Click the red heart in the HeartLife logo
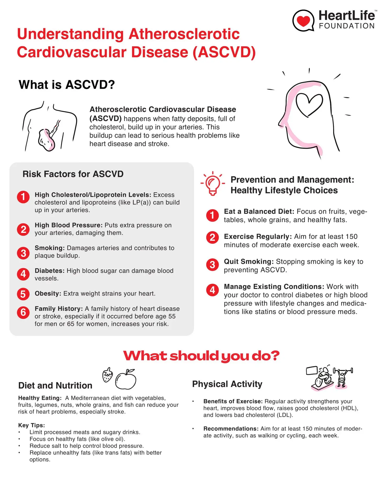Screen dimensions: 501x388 point(303,21)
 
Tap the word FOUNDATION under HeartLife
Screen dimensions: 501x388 point(347,26)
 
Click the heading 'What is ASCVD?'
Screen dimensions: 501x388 point(67,85)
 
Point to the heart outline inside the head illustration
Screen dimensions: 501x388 point(309,104)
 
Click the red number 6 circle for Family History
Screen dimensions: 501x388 point(23,312)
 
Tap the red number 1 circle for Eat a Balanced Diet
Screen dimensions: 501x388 point(212,216)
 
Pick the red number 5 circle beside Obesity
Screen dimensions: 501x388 point(23,294)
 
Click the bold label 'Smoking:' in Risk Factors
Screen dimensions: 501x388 point(50,248)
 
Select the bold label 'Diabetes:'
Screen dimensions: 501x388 point(50,271)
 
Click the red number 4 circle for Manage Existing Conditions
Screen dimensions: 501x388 point(212,290)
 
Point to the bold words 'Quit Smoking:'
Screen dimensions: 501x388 point(249,261)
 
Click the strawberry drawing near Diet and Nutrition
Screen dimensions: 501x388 point(107,375)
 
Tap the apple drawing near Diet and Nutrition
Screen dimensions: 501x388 point(126,379)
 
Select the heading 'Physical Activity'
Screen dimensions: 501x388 point(227,384)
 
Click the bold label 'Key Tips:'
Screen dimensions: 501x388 point(31,425)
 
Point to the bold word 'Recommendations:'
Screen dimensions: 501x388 point(231,429)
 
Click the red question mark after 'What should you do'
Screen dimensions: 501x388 point(274,355)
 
